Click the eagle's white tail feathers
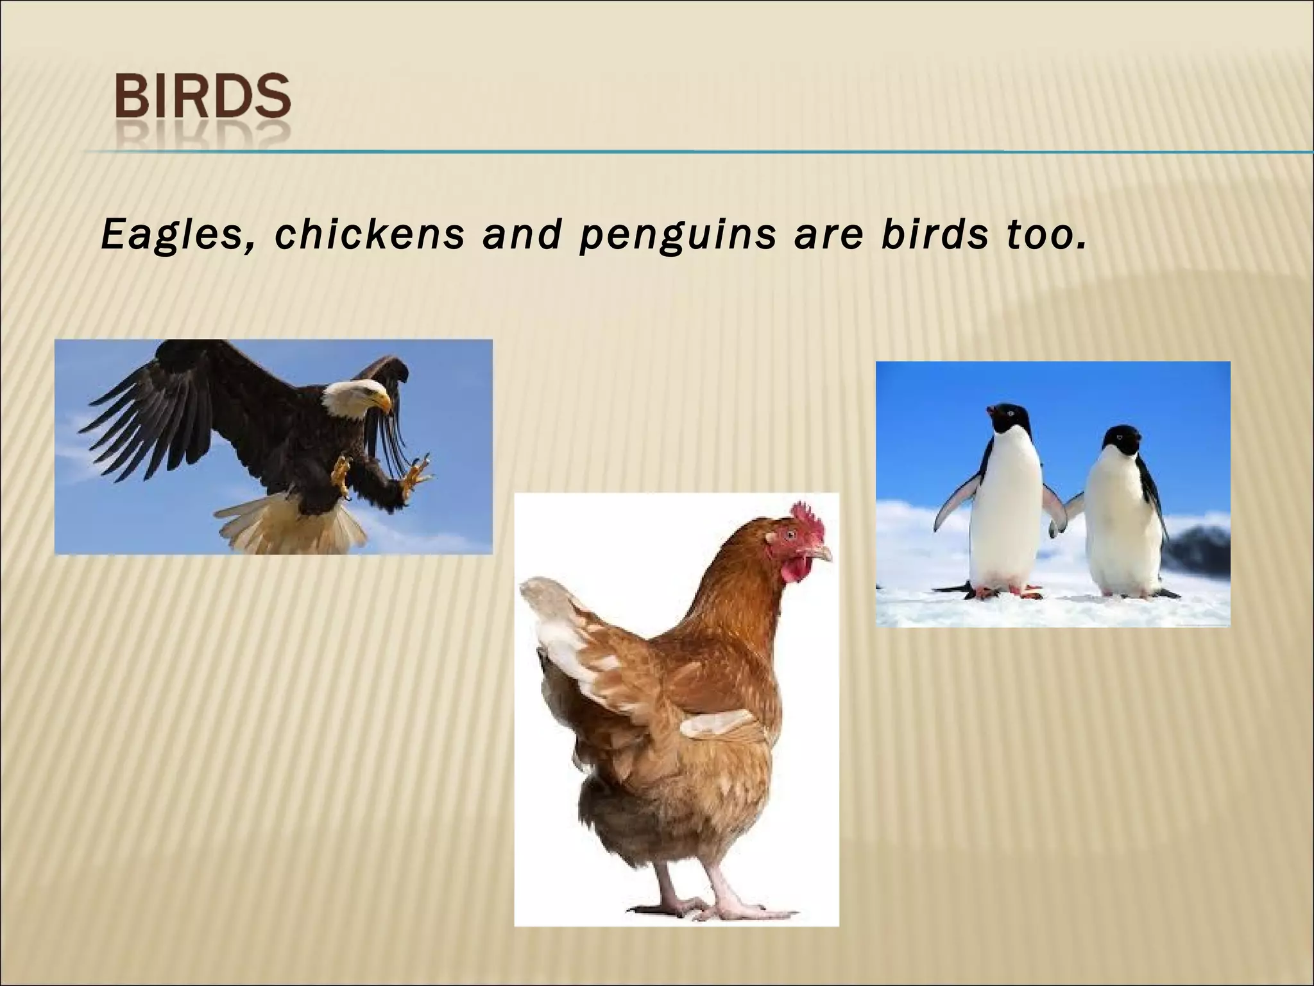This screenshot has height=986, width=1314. pos(292,529)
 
